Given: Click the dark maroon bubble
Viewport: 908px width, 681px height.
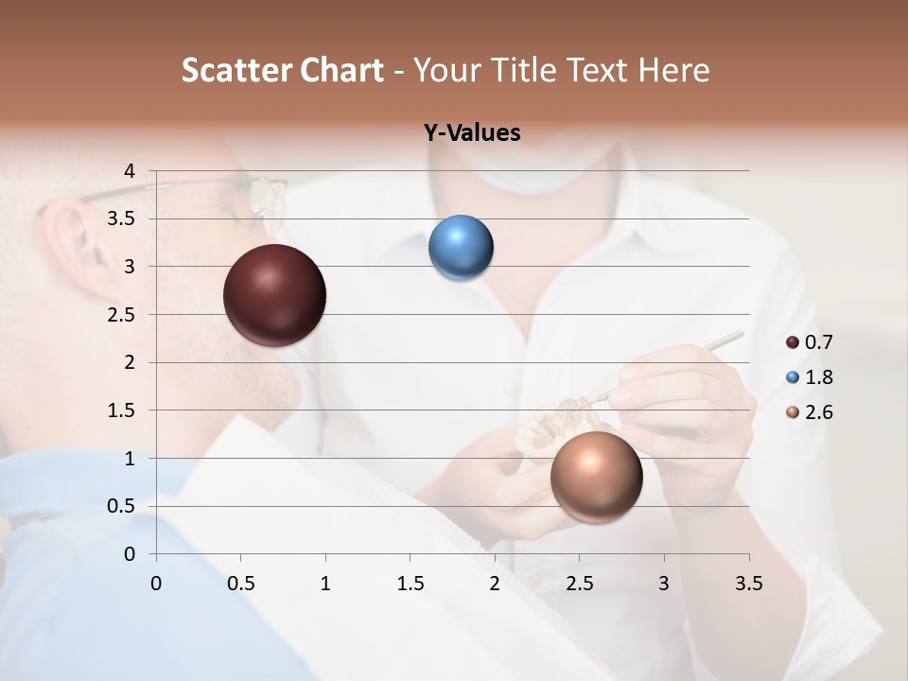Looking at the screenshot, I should point(274,295).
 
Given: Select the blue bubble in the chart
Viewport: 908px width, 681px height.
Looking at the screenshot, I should point(461,248).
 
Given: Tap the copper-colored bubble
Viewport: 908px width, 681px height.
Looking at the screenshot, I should point(596,477).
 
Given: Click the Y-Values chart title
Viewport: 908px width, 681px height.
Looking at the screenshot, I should point(472,133).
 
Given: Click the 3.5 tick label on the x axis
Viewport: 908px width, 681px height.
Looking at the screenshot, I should point(748,584).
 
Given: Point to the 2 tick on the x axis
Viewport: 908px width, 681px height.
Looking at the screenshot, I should point(495,584).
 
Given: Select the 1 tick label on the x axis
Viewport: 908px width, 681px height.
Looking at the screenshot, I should point(325,584).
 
